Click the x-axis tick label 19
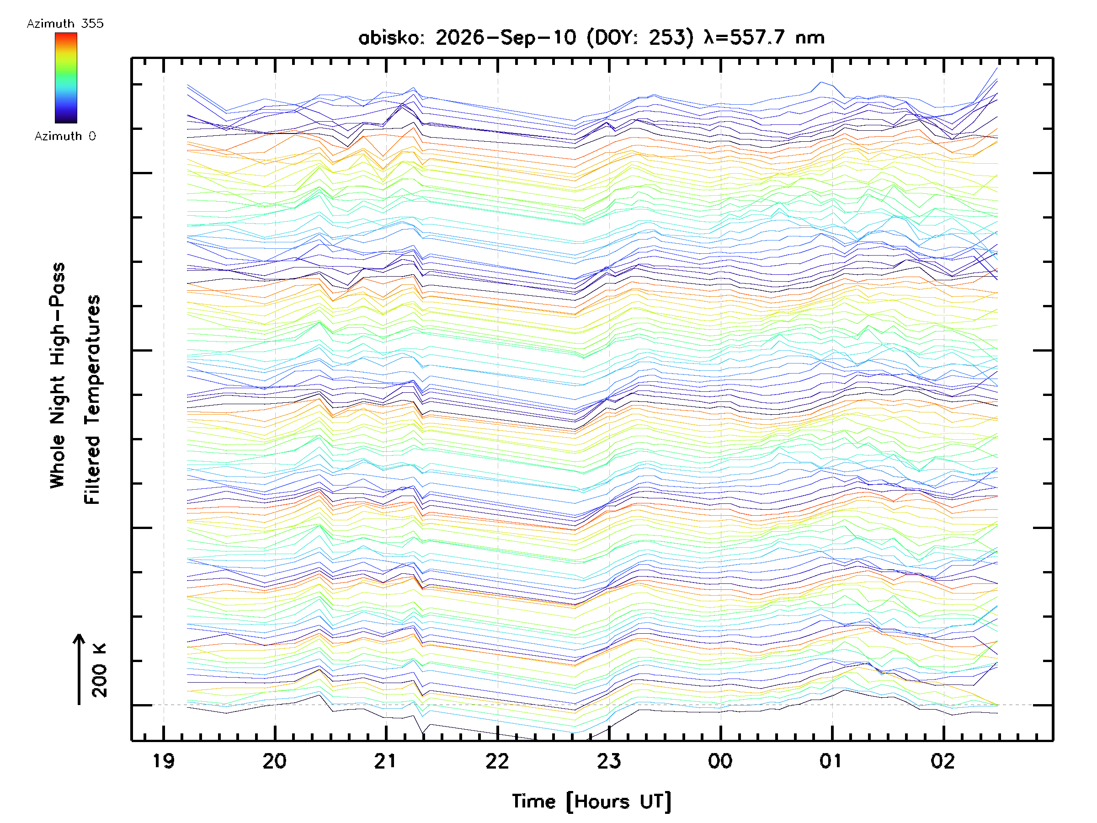click(163, 761)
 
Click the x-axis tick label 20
click(274, 761)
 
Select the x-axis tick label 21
click(385, 761)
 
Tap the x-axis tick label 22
click(497, 761)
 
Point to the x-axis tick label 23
click(608, 761)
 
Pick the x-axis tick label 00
click(720, 761)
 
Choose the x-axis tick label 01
click(831, 761)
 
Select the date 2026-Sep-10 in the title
click(506, 37)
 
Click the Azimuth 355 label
click(65, 24)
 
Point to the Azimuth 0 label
click(65, 136)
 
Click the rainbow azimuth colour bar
click(66, 78)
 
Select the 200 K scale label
click(99, 670)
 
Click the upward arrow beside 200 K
click(79, 669)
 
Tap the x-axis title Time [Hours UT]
click(591, 802)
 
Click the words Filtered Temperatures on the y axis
click(92, 400)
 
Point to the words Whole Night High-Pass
click(58, 375)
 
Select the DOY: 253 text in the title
click(640, 37)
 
